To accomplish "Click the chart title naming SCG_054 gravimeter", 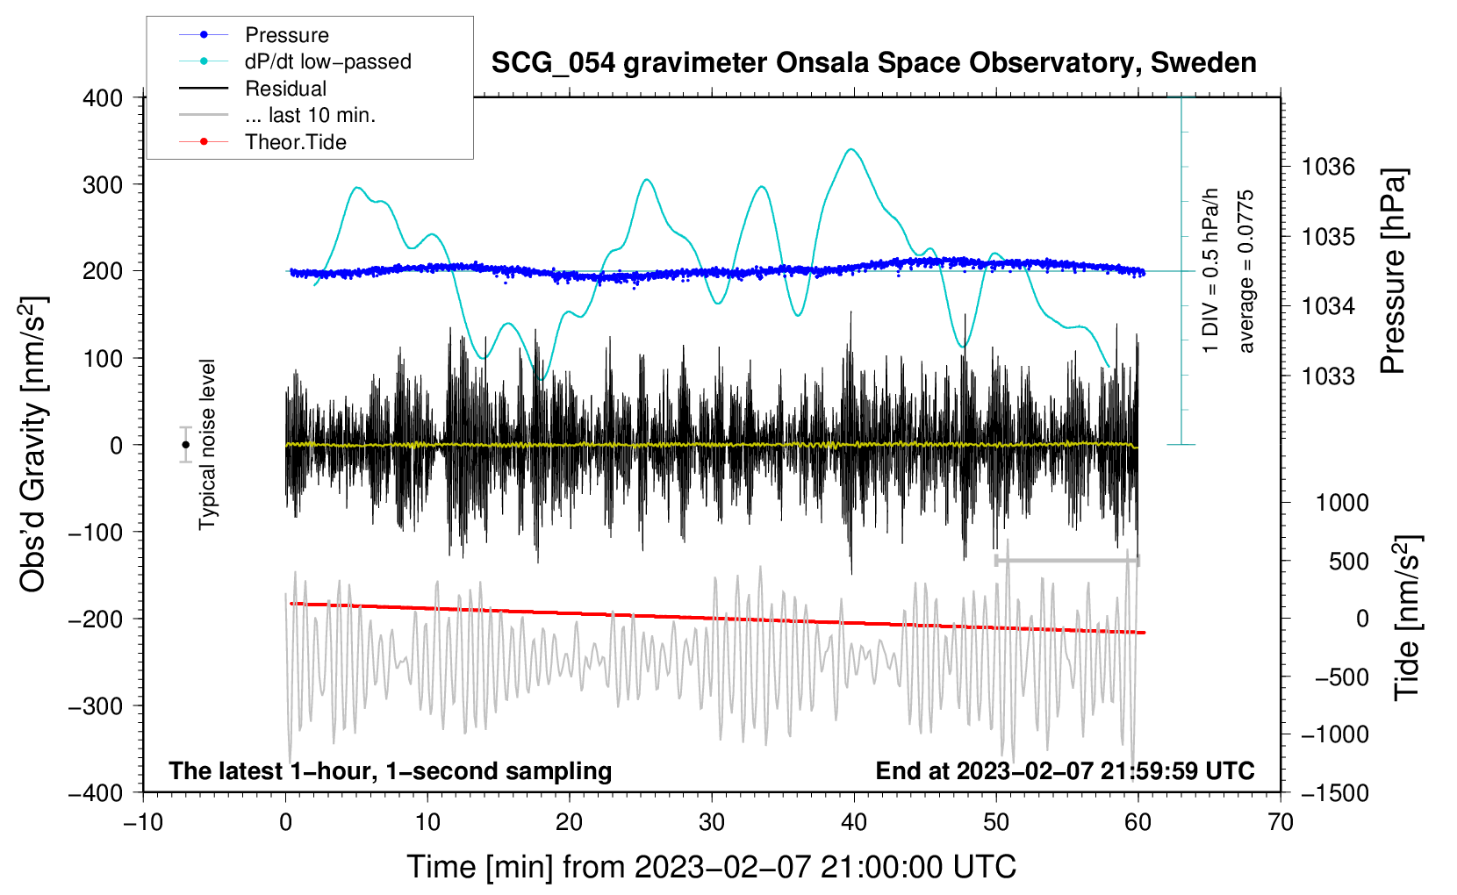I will pyautogui.click(x=873, y=63).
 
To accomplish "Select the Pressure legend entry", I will pyautogui.click(x=286, y=35).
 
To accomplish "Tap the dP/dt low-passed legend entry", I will pyautogui.click(x=327, y=61).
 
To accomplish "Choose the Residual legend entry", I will pyautogui.click(x=285, y=89).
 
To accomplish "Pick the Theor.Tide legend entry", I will pyautogui.click(x=295, y=142).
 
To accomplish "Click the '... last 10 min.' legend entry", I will pyautogui.click(x=310, y=115).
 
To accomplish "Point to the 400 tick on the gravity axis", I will pyautogui.click(x=103, y=98).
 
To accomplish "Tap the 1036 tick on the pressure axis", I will pyautogui.click(x=1328, y=167).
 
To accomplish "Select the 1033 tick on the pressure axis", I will pyautogui.click(x=1328, y=376).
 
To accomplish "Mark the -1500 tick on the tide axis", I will pyautogui.click(x=1334, y=792).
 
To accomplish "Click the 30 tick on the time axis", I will pyautogui.click(x=712, y=822).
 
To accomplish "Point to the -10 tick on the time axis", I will pyautogui.click(x=143, y=822).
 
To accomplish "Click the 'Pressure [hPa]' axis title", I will pyautogui.click(x=1393, y=272).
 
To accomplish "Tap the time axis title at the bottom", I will pyautogui.click(x=711, y=867).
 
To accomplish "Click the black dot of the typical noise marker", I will pyautogui.click(x=185, y=445).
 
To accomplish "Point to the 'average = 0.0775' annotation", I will pyautogui.click(x=1246, y=272).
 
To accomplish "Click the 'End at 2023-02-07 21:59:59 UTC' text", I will pyautogui.click(x=1065, y=770).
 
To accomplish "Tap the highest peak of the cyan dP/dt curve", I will pyautogui.click(x=851, y=149).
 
